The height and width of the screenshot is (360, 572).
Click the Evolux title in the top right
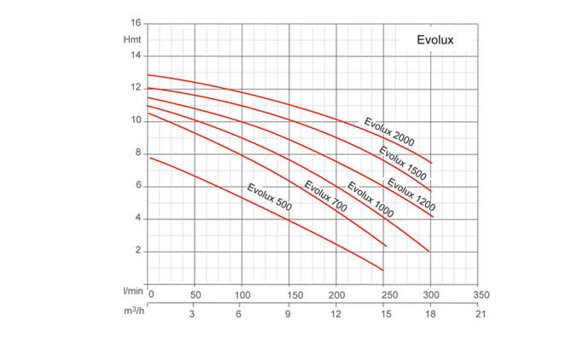435,39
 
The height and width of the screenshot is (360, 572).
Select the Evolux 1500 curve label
404,161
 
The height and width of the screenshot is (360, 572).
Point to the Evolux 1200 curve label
411,194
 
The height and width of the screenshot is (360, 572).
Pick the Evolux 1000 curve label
370,200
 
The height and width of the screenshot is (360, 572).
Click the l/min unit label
131,293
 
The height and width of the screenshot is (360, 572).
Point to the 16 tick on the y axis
136,23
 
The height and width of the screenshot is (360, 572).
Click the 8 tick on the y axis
137,154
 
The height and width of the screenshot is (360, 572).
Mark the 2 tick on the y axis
137,251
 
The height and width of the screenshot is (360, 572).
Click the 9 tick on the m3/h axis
289,313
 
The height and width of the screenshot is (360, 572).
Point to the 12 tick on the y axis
136,88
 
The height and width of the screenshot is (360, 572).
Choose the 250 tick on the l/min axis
388,294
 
